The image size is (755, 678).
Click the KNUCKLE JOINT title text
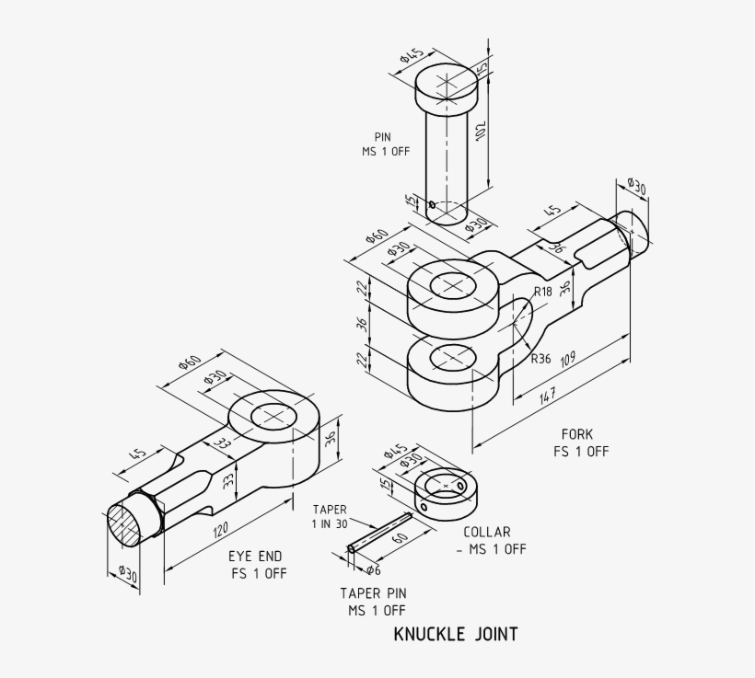click(455, 634)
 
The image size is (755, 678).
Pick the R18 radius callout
click(543, 292)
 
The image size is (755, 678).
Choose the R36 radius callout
click(540, 359)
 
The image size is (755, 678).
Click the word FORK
click(577, 434)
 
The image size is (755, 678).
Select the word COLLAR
click(486, 532)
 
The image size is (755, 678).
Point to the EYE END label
click(255, 557)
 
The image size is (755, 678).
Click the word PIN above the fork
click(382, 137)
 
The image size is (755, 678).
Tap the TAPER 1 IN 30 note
click(330, 516)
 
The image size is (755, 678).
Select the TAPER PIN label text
click(372, 593)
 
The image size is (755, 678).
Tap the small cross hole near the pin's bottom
click(432, 204)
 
